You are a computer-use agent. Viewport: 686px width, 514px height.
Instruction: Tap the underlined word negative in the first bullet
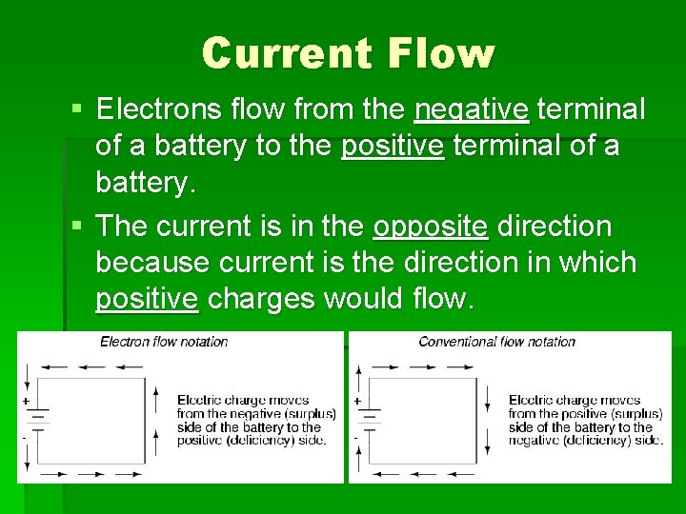pos(471,110)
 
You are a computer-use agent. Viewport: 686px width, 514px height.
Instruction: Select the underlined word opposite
pos(431,227)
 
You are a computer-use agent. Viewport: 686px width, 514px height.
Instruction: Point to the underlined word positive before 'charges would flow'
pos(147,299)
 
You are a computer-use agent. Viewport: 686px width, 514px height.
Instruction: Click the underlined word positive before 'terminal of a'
pos(393,147)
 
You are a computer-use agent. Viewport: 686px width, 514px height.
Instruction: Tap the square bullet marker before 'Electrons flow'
pos(77,110)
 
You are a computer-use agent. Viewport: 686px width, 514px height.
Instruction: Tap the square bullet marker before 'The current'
pos(77,227)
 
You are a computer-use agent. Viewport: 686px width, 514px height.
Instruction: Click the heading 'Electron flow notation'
pos(164,342)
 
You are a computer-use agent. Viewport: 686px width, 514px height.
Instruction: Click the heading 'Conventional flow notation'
pos(496,342)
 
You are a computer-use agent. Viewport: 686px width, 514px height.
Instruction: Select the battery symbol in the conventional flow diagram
pos(369,418)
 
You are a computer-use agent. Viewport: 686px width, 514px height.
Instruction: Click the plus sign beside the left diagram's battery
pos(25,402)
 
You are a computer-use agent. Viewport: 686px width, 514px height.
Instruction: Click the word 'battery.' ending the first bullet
pos(144,183)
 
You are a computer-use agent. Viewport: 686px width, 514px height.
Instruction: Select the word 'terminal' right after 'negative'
pos(591,109)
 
